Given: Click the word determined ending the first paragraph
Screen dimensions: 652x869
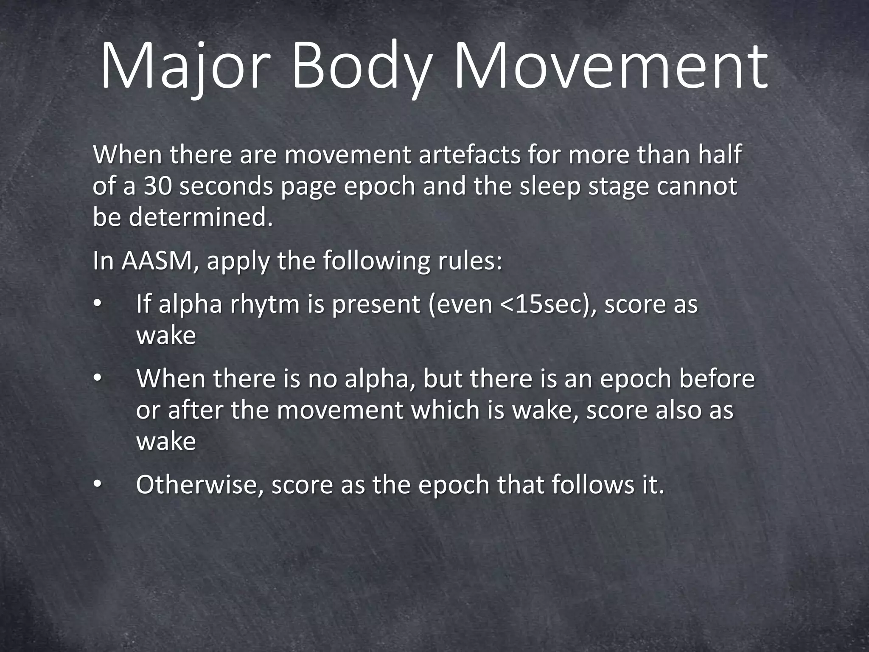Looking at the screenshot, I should pos(200,218).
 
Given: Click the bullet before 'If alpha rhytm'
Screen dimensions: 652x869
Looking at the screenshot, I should pos(97,304).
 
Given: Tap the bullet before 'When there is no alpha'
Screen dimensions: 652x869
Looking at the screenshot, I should pos(97,378).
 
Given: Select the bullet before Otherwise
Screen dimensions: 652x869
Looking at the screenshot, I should pos(97,485).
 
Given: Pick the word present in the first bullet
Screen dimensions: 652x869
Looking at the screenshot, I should pos(376,304).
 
